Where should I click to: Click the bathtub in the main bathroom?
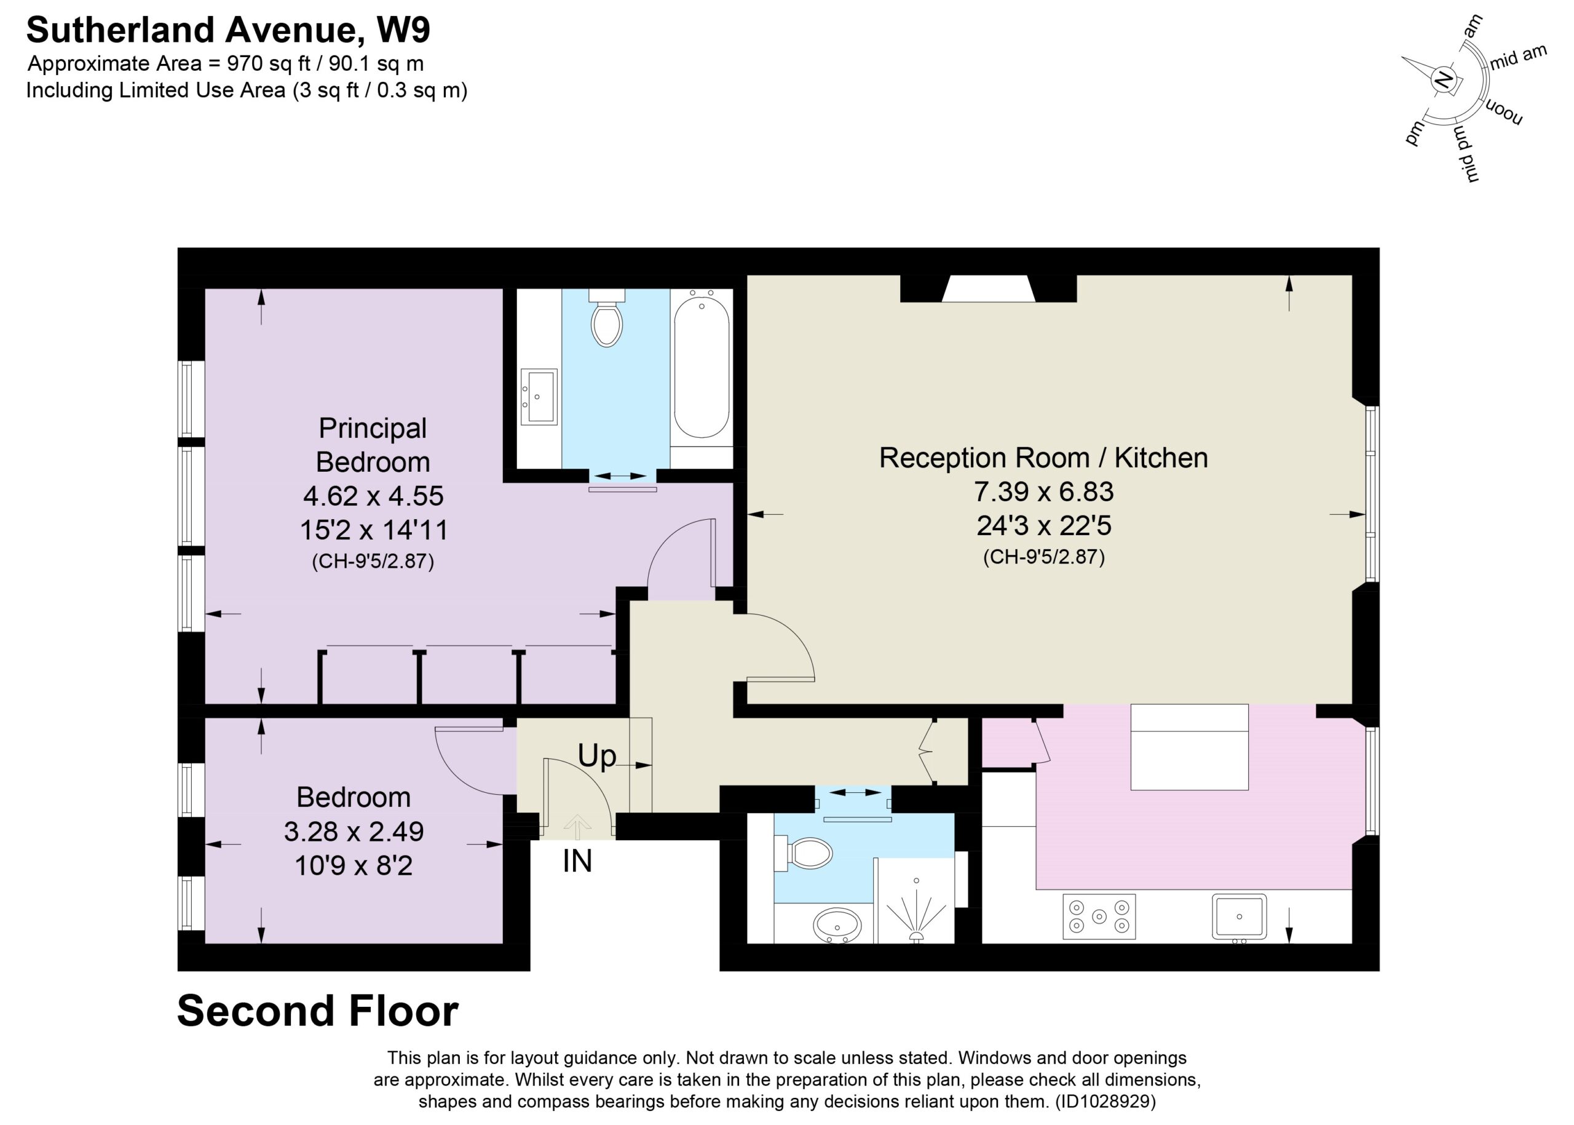click(x=701, y=367)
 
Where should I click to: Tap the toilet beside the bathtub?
click(x=607, y=318)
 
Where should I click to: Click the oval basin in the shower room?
click(x=837, y=926)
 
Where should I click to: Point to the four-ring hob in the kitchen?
click(x=1099, y=916)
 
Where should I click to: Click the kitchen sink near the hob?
click(x=1239, y=917)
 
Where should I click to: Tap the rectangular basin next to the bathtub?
click(x=539, y=396)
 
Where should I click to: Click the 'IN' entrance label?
click(x=577, y=862)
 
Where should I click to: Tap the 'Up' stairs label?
click(x=597, y=757)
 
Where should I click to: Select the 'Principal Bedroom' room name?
click(x=373, y=445)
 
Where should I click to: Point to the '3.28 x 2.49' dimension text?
click(x=354, y=830)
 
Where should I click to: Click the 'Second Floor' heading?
click(x=318, y=1011)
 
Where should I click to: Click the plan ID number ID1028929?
click(x=1105, y=1101)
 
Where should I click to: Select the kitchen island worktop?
click(x=1189, y=747)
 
